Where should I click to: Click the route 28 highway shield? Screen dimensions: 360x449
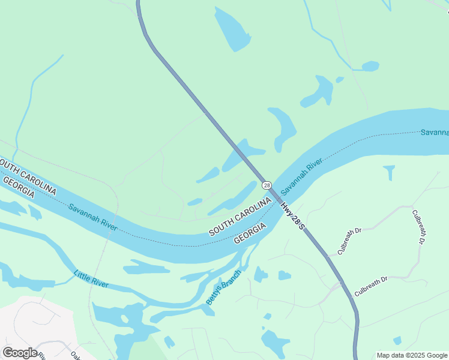[267, 185]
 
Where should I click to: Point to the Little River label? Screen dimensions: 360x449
[91, 279]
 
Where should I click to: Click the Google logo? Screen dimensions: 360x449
[20, 353]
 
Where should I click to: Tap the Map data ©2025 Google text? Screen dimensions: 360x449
[412, 355]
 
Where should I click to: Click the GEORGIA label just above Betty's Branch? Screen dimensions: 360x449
[250, 233]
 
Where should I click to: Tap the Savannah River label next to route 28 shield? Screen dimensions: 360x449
[302, 176]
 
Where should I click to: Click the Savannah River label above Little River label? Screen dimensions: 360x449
[92, 217]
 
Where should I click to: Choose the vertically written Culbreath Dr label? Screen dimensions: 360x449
[418, 226]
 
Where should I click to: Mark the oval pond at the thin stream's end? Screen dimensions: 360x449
[370, 66]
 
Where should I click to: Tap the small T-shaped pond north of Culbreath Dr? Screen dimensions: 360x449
[390, 172]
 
